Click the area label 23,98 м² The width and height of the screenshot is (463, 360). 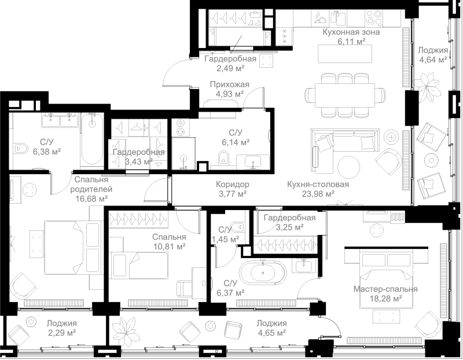click(318, 194)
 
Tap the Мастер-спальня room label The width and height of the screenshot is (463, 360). click(385, 289)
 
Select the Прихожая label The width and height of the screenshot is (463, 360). click(229, 85)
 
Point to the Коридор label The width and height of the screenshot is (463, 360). click(233, 184)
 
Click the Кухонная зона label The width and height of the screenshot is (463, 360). click(351, 32)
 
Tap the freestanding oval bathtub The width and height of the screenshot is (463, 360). click(263, 273)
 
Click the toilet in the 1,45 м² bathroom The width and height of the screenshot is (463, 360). click(238, 227)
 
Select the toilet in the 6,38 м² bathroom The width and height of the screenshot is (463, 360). click(21, 148)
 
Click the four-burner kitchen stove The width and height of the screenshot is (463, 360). click(373, 19)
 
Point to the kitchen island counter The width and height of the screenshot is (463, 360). click(344, 53)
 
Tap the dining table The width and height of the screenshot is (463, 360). click(344, 94)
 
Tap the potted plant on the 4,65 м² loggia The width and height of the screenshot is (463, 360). click(124, 330)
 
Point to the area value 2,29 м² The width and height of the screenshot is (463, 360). click(62, 333)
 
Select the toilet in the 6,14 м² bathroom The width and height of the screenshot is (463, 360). click(224, 157)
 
